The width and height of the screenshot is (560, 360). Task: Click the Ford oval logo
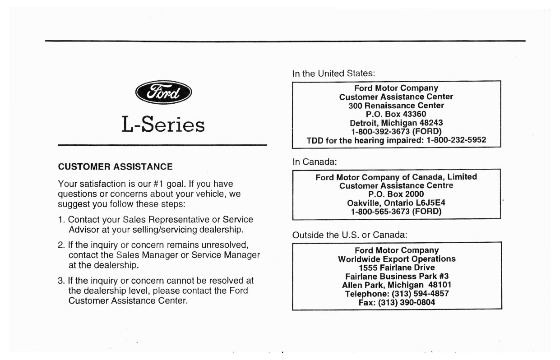(x=163, y=92)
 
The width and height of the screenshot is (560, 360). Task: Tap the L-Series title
(x=163, y=124)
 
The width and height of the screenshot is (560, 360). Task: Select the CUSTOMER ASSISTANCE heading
(x=115, y=167)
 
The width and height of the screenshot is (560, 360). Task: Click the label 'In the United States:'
(x=334, y=74)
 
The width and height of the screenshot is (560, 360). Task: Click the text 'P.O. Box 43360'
(x=396, y=114)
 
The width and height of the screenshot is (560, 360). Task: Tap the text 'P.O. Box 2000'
(x=396, y=194)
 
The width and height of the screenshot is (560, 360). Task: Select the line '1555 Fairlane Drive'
(x=397, y=268)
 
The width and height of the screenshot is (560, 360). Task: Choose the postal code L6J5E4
(x=430, y=203)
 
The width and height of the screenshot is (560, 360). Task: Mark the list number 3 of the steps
(x=61, y=281)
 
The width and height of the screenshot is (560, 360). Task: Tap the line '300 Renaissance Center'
(x=396, y=106)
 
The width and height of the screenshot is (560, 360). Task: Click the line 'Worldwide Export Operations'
(x=397, y=259)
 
